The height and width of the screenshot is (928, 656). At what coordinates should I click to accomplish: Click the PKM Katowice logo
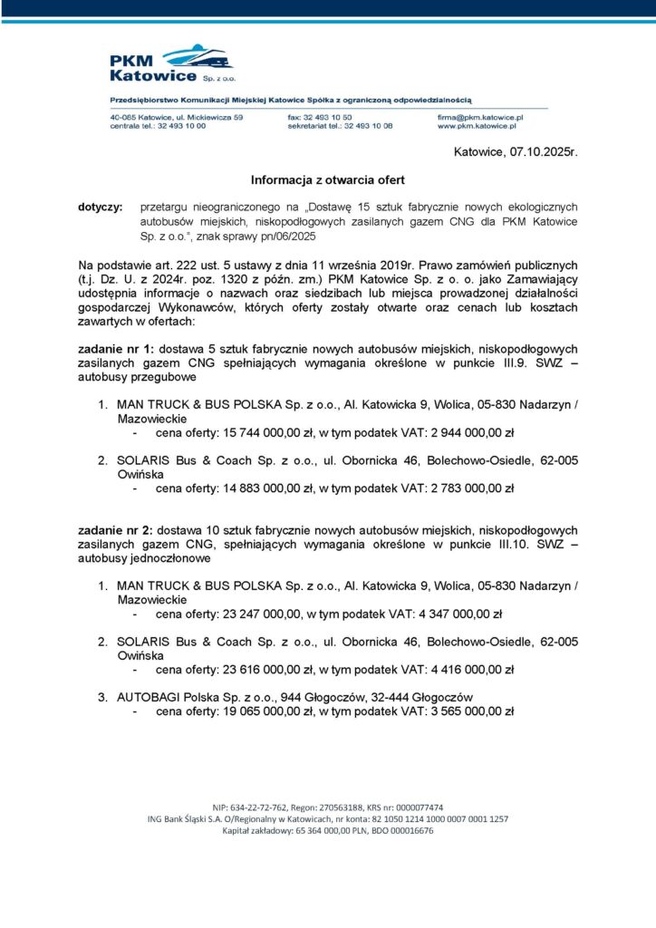click(171, 63)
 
